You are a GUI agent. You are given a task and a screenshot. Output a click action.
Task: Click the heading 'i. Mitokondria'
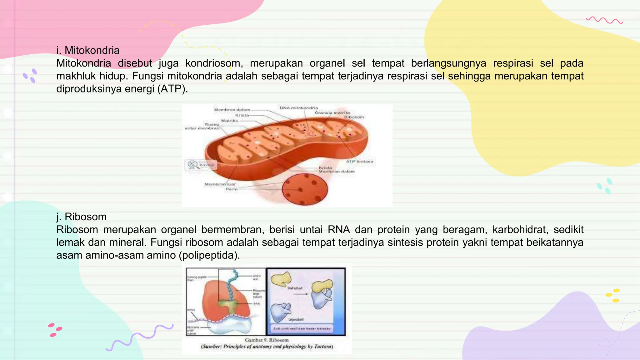point(88,50)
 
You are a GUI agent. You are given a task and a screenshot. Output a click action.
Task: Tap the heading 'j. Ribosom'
point(81,217)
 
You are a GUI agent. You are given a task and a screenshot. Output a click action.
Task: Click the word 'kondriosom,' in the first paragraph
point(214,63)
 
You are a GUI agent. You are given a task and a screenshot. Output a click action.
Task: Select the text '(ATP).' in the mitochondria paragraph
point(172,89)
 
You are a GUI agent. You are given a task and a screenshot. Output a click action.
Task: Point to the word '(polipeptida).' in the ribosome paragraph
point(209,255)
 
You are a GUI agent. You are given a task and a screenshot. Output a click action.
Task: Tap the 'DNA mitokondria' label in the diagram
point(299,108)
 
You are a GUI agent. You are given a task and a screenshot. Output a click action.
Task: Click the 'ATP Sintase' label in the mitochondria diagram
point(360,162)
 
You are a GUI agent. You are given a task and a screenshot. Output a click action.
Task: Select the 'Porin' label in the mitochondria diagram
point(232,189)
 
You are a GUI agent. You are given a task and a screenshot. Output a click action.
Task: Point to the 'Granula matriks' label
point(332,112)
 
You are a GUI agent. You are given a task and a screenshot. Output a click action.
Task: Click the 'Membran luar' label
point(220,184)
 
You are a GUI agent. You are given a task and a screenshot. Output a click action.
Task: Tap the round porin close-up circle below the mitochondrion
point(305,189)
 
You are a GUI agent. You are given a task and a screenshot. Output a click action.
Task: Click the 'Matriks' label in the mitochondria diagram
point(229,120)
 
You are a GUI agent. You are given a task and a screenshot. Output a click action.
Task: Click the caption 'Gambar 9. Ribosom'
point(267,340)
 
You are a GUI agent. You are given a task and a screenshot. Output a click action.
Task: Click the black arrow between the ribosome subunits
point(300,294)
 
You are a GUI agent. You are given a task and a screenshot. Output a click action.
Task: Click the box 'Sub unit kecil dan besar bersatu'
point(302,328)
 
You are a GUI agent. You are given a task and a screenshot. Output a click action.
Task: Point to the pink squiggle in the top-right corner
point(604,21)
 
